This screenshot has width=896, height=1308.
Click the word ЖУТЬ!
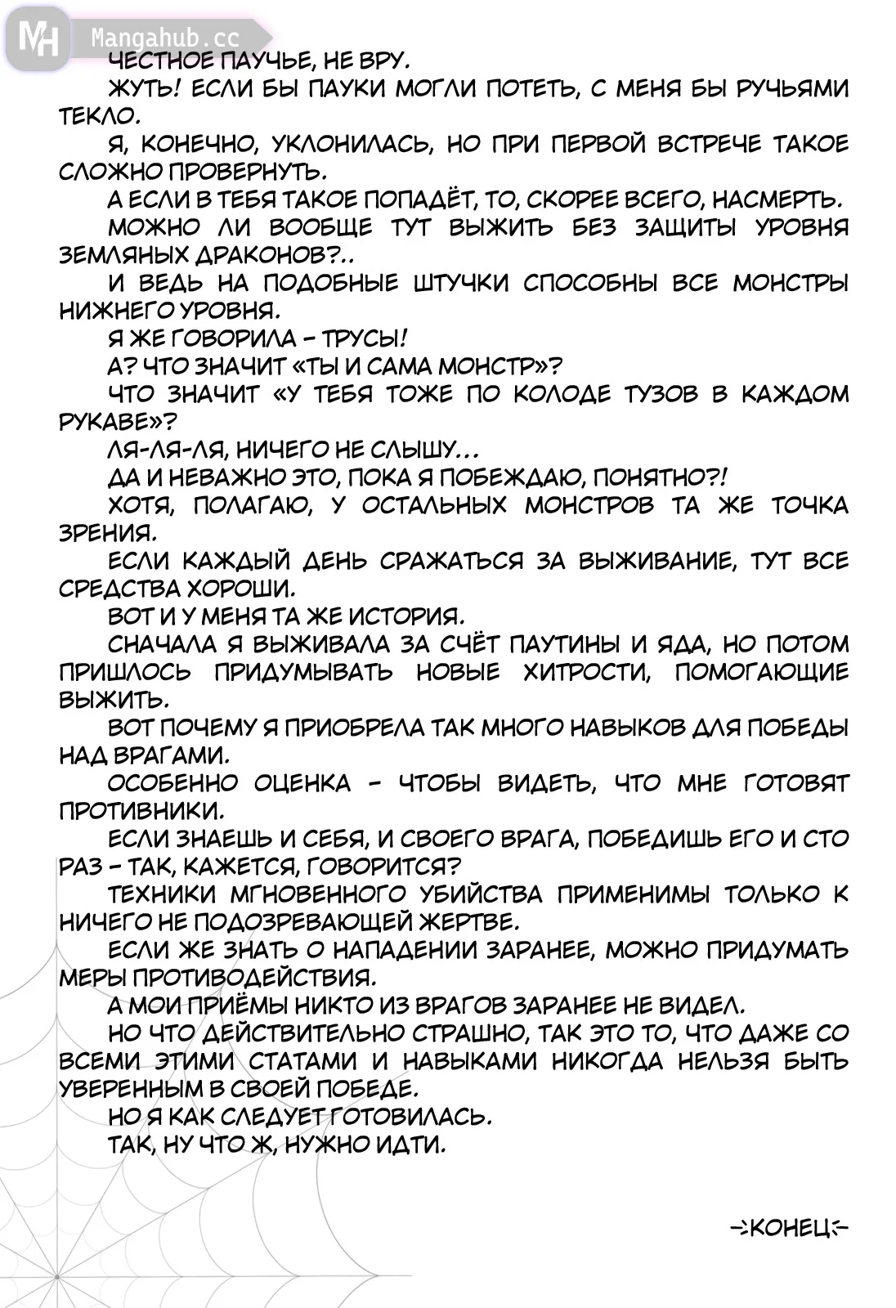(x=140, y=88)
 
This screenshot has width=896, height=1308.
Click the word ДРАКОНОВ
(x=263, y=255)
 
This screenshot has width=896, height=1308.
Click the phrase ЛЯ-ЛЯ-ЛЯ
(x=154, y=450)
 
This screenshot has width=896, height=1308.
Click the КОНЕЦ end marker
(x=789, y=1227)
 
